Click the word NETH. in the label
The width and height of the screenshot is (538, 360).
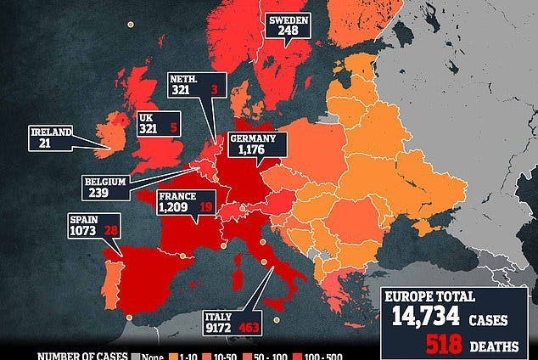click(185, 76)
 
